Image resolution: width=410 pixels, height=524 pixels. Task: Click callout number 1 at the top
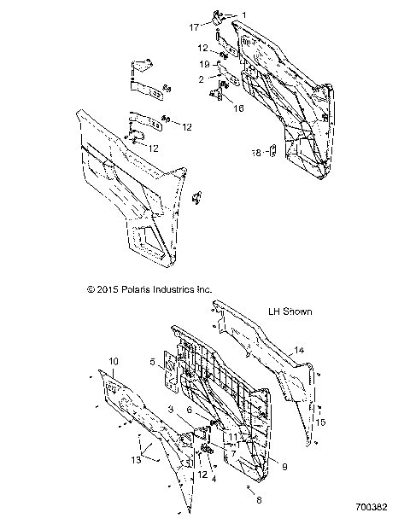coord(243,15)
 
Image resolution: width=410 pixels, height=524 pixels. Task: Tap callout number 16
coord(238,108)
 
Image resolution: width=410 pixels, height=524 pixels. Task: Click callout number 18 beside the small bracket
coord(256,154)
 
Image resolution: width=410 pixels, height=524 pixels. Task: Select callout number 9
coord(284,466)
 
